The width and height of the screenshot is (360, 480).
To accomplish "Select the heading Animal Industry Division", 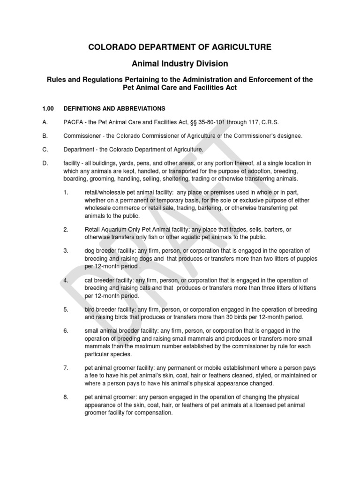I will pos(180,63).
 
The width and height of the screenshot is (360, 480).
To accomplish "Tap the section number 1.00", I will pos(48,108).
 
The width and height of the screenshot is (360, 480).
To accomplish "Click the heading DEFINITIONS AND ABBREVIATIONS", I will pos(114,108).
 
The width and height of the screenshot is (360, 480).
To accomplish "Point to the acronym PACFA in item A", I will pos(74,122).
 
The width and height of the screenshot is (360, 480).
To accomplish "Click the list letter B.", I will pos(45,136).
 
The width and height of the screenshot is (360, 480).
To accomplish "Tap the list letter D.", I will pos(45,163).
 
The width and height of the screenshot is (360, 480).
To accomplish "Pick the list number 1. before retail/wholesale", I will pos(66,192).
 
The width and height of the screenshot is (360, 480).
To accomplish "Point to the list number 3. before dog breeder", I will pos(66,251).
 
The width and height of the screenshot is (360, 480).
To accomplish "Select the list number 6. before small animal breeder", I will pos(66,331).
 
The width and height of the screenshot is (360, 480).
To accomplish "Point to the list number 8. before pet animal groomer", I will pos(66,397).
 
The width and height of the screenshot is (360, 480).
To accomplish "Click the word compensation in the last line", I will pos(154,412).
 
